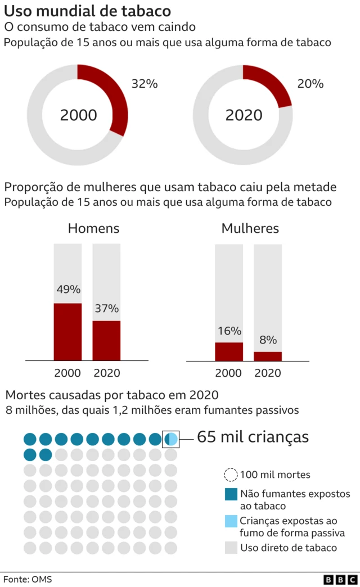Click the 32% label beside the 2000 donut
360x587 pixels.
point(144,84)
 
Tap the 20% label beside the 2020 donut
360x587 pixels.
point(310,84)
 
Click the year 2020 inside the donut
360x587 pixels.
point(244,115)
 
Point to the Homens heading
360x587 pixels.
point(93,229)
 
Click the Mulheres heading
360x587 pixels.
point(250,229)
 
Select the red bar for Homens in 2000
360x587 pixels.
point(67,332)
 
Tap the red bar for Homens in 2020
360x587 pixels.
point(106,340)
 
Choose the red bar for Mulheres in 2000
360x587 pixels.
point(229,351)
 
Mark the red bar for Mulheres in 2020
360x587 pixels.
point(268,356)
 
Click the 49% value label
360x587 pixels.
point(68,290)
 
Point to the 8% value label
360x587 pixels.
point(268,340)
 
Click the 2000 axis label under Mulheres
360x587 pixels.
point(229,373)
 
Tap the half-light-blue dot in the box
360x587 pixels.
point(171,439)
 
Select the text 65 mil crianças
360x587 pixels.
point(253,437)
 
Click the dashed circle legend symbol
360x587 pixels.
point(231,475)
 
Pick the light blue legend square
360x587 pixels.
point(231,521)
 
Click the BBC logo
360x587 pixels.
point(340,579)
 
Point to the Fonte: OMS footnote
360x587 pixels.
point(24,579)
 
